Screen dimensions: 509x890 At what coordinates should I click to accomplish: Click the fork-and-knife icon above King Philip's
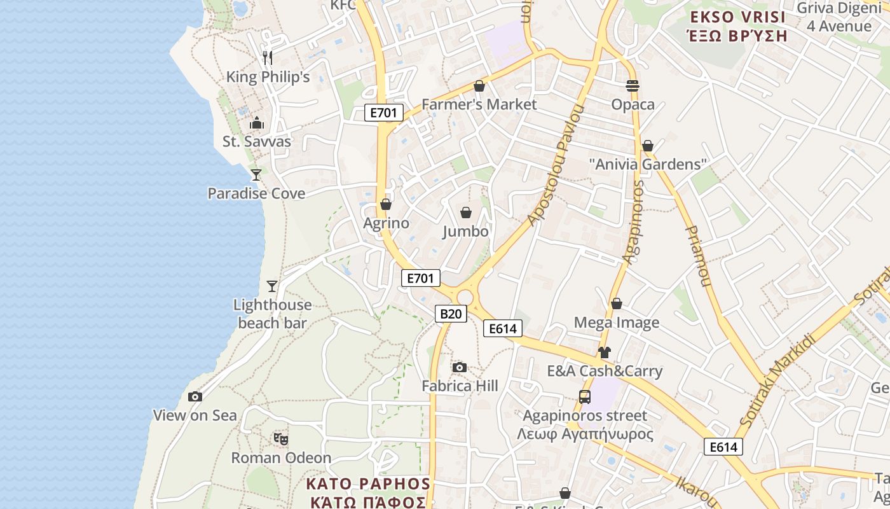pos(268,58)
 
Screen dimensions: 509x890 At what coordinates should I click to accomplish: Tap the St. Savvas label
pos(257,141)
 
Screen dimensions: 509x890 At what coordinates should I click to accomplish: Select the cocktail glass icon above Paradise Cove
pos(256,174)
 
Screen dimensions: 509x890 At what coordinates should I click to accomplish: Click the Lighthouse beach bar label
pos(273,314)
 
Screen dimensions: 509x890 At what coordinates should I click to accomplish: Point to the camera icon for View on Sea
pos(195,396)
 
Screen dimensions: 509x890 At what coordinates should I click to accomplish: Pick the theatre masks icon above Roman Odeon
pos(281,438)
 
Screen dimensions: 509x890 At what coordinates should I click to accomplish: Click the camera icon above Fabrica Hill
pos(460,367)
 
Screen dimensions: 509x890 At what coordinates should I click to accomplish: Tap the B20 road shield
pos(451,313)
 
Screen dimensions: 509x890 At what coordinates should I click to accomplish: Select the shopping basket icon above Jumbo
pos(466,212)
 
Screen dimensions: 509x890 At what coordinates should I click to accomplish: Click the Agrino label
pos(386,223)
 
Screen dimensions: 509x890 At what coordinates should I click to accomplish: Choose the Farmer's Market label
pos(479,104)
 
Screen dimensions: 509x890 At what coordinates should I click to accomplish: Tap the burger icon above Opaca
pos(633,85)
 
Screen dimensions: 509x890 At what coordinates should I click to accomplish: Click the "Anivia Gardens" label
pos(648,164)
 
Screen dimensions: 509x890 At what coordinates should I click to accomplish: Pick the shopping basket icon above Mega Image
pos(616,303)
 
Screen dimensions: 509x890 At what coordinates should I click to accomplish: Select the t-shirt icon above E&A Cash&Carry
pos(604,352)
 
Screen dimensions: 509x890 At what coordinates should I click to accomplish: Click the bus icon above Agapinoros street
pos(585,397)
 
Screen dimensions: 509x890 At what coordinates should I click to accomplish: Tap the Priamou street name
pos(697,256)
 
